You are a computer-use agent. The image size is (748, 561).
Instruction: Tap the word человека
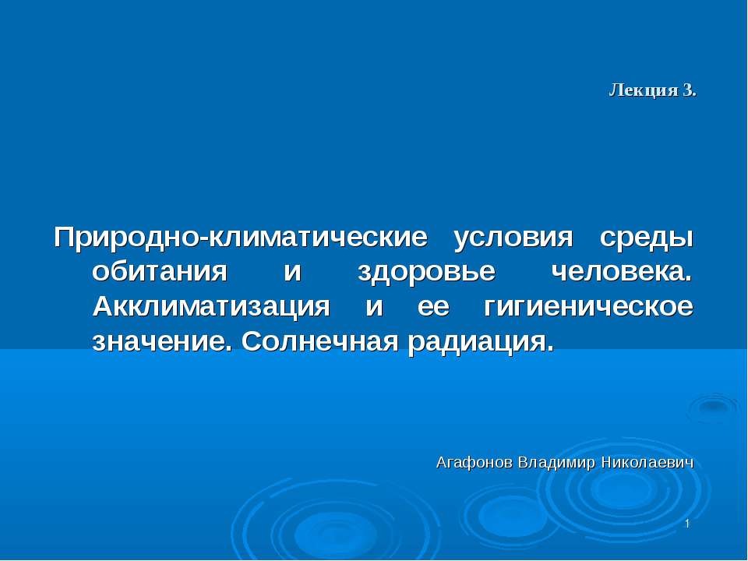pos(621,272)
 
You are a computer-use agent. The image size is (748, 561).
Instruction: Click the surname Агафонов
pos(474,463)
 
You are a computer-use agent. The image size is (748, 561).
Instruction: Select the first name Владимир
pos(556,463)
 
